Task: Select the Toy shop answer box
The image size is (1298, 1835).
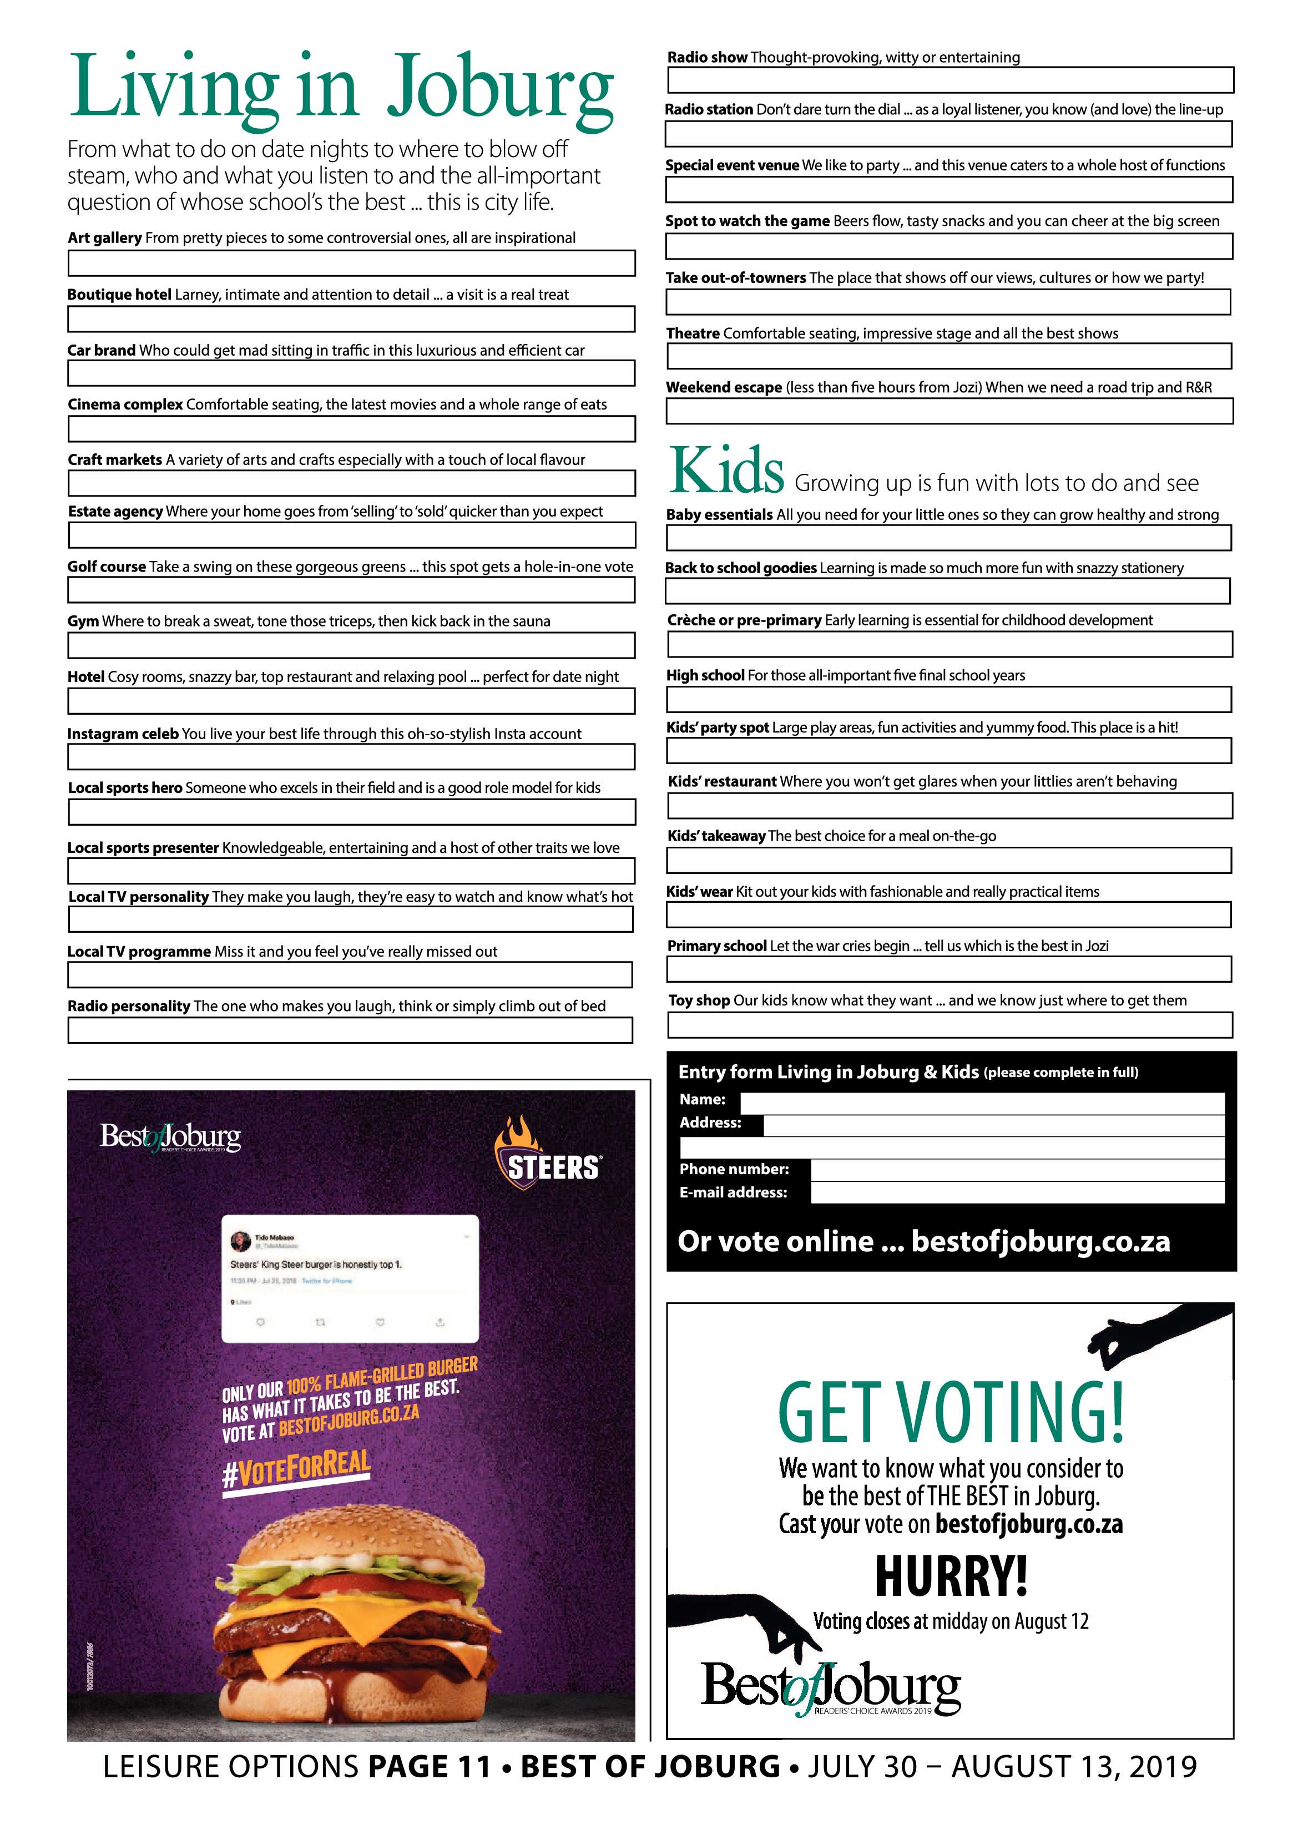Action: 949,1025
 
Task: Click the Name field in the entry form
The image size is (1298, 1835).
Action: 982,1103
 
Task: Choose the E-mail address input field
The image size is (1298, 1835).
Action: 1017,1192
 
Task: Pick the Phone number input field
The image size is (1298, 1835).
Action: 1017,1170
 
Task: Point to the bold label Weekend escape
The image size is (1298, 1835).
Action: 724,388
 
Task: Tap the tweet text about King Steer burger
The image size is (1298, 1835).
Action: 316,1265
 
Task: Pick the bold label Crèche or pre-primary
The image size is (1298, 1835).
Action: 744,620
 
